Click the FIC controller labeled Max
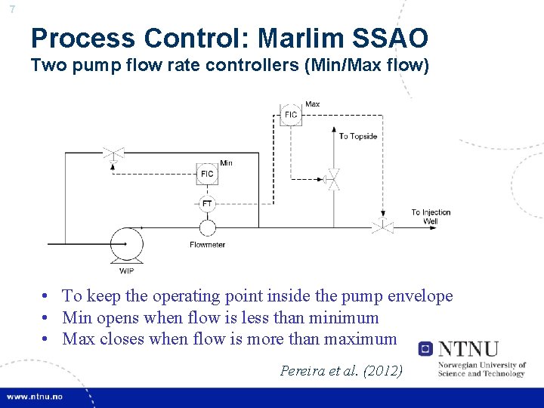point(291,115)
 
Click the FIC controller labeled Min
point(207,174)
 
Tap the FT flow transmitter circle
point(207,203)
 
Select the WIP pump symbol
point(126,243)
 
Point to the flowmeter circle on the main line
point(207,227)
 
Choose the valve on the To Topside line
point(331,179)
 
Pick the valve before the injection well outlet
point(382,224)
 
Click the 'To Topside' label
point(357,136)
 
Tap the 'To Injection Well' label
point(431,217)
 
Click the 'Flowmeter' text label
point(207,245)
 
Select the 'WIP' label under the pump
point(127,271)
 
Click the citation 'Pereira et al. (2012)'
point(342,371)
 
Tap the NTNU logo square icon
point(426,349)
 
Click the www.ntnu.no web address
point(36,397)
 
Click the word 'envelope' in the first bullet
point(416,296)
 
